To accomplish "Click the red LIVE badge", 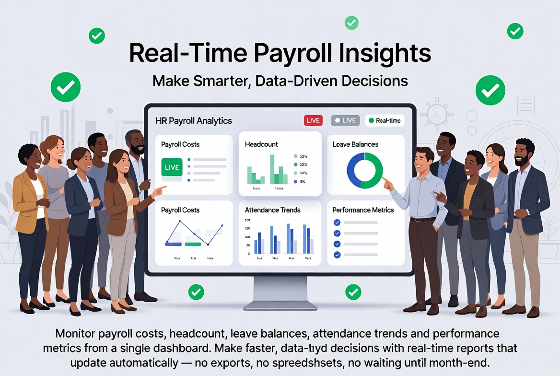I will point(313,120).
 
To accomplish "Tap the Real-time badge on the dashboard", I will point(385,120).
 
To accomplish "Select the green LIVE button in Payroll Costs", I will point(171,167).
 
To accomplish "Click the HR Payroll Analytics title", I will point(194,121).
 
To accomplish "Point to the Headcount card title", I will point(261,144).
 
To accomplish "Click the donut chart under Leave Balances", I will point(365,170).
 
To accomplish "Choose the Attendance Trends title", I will point(272,210).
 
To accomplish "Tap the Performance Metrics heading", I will point(363,210).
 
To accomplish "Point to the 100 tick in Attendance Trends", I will point(247,221).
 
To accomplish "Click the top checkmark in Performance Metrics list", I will point(337,223).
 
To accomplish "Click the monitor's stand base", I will point(280,304).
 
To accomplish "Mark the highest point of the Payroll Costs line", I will point(179,221).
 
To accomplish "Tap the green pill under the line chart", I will point(193,244).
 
